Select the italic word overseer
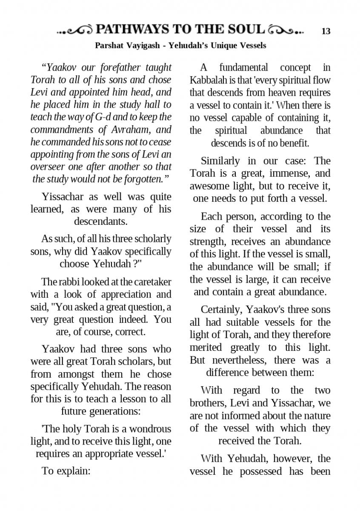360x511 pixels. (x=47, y=167)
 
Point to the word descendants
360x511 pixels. (x=101, y=221)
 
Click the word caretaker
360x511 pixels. (x=152, y=282)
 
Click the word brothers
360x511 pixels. (x=206, y=403)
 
